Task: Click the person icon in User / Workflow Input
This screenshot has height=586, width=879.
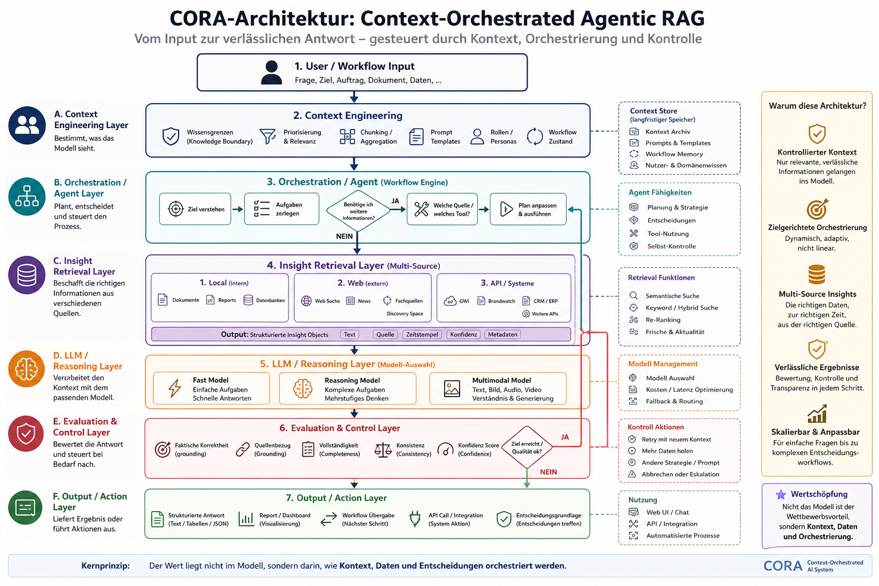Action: (271, 72)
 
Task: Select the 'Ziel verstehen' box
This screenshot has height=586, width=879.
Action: (195, 209)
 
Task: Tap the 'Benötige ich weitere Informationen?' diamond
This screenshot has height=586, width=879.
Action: (358, 211)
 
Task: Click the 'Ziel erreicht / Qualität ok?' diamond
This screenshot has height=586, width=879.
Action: (527, 447)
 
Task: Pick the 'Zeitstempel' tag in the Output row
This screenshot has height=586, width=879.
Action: (422, 334)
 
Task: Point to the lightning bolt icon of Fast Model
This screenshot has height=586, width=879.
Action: (175, 389)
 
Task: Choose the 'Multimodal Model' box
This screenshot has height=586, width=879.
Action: (497, 389)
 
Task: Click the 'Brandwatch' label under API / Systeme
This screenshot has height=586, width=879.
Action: (501, 301)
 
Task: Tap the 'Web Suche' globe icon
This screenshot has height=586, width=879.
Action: (306, 300)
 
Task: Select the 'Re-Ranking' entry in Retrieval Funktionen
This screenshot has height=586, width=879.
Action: (663, 320)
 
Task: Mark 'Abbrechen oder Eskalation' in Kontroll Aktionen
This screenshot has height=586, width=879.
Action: (680, 474)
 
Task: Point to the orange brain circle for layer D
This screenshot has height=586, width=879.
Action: (26, 369)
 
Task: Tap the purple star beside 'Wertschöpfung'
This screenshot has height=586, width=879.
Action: (781, 494)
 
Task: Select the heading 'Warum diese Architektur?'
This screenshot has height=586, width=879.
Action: (817, 106)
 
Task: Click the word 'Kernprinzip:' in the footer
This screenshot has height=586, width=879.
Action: (105, 565)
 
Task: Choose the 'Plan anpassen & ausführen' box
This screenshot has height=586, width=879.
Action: (528, 209)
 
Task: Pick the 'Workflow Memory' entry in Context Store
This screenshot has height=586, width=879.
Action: (674, 155)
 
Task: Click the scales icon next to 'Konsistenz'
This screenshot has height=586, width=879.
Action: (383, 450)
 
